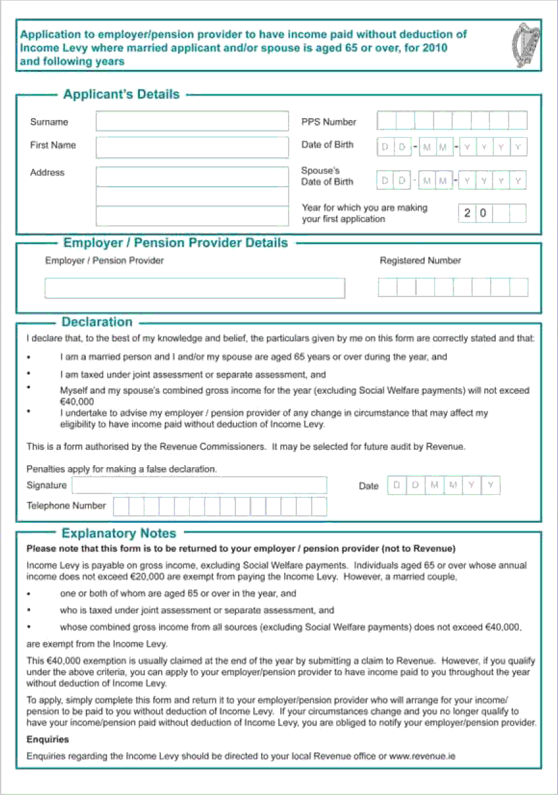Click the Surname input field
(192, 121)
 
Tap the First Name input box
(192, 147)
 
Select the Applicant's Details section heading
(121, 94)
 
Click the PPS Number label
(328, 122)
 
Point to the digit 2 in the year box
(468, 213)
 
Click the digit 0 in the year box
(484, 213)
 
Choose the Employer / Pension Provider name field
(194, 287)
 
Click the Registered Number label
(420, 261)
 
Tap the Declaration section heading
(97, 322)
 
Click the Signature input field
(199, 485)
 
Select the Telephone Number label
(66, 506)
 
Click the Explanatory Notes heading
(119, 533)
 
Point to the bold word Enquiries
(47, 739)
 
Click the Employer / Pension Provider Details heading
(175, 243)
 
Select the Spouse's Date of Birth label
(327, 176)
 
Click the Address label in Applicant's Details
(47, 173)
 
